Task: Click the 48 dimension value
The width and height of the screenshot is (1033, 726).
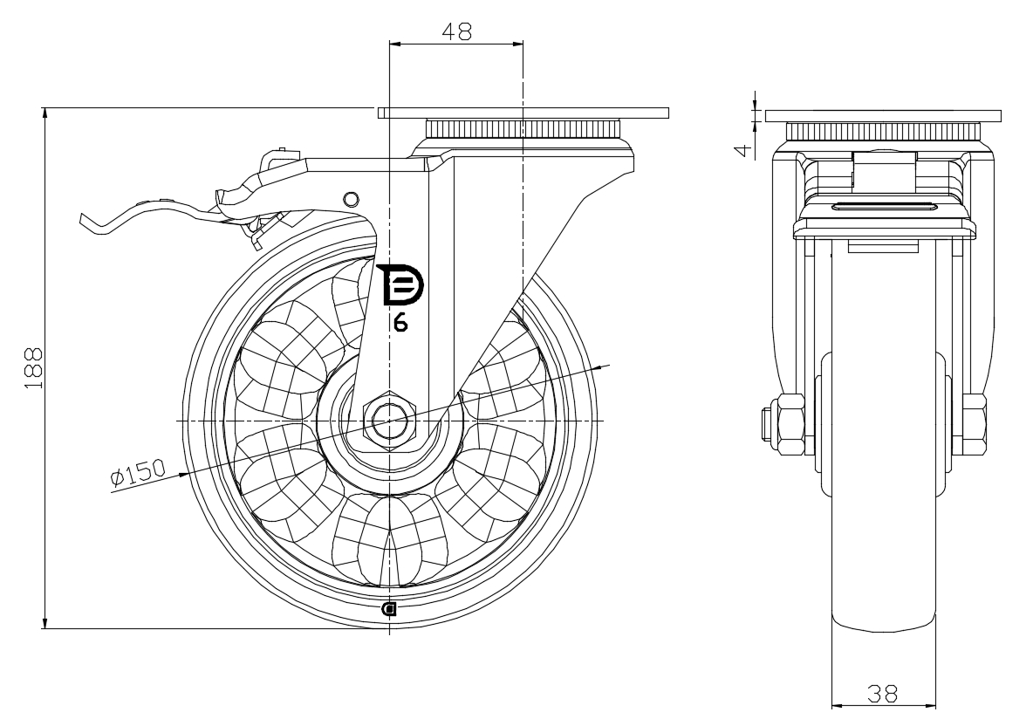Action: tap(456, 31)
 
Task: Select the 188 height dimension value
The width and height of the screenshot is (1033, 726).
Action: tap(32, 367)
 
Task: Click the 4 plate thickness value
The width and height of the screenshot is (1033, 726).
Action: tap(742, 149)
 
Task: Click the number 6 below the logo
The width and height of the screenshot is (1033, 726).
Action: tap(400, 322)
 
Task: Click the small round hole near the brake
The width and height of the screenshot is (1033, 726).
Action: tap(351, 198)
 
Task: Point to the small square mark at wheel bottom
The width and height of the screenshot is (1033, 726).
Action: tap(389, 609)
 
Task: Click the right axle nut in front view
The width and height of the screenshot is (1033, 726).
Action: tap(975, 423)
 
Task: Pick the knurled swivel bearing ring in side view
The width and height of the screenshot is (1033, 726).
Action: tap(523, 130)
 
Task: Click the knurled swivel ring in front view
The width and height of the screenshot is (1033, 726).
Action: tap(883, 133)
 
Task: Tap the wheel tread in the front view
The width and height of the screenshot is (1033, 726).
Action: tap(883, 524)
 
